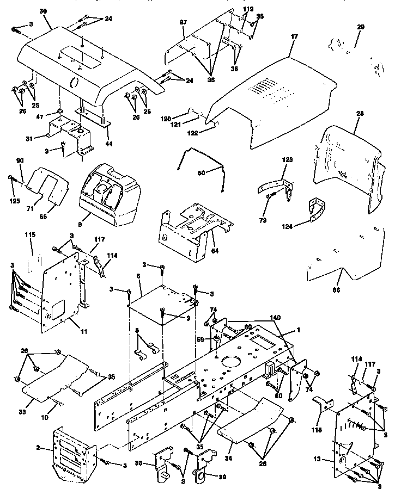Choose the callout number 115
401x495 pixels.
point(29,235)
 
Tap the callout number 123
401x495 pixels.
point(287,160)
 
